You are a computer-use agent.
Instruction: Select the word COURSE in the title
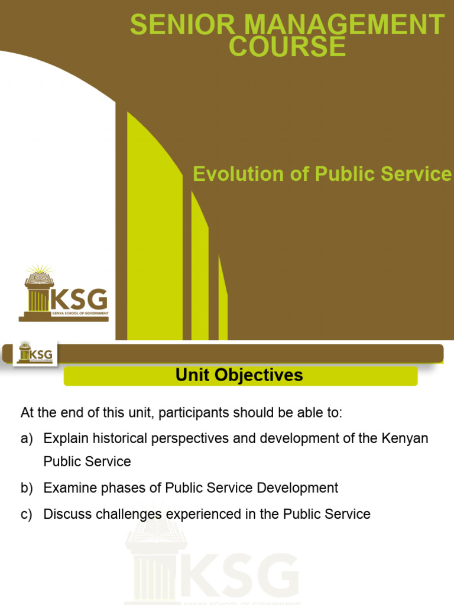[x=287, y=47]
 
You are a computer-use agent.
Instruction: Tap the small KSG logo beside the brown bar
[x=35, y=353]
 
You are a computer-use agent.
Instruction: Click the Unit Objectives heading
[x=239, y=375]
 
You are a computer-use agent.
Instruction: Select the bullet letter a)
[x=27, y=439]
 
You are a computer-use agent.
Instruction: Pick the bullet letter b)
[x=27, y=488]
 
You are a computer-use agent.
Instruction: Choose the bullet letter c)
[x=27, y=515]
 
